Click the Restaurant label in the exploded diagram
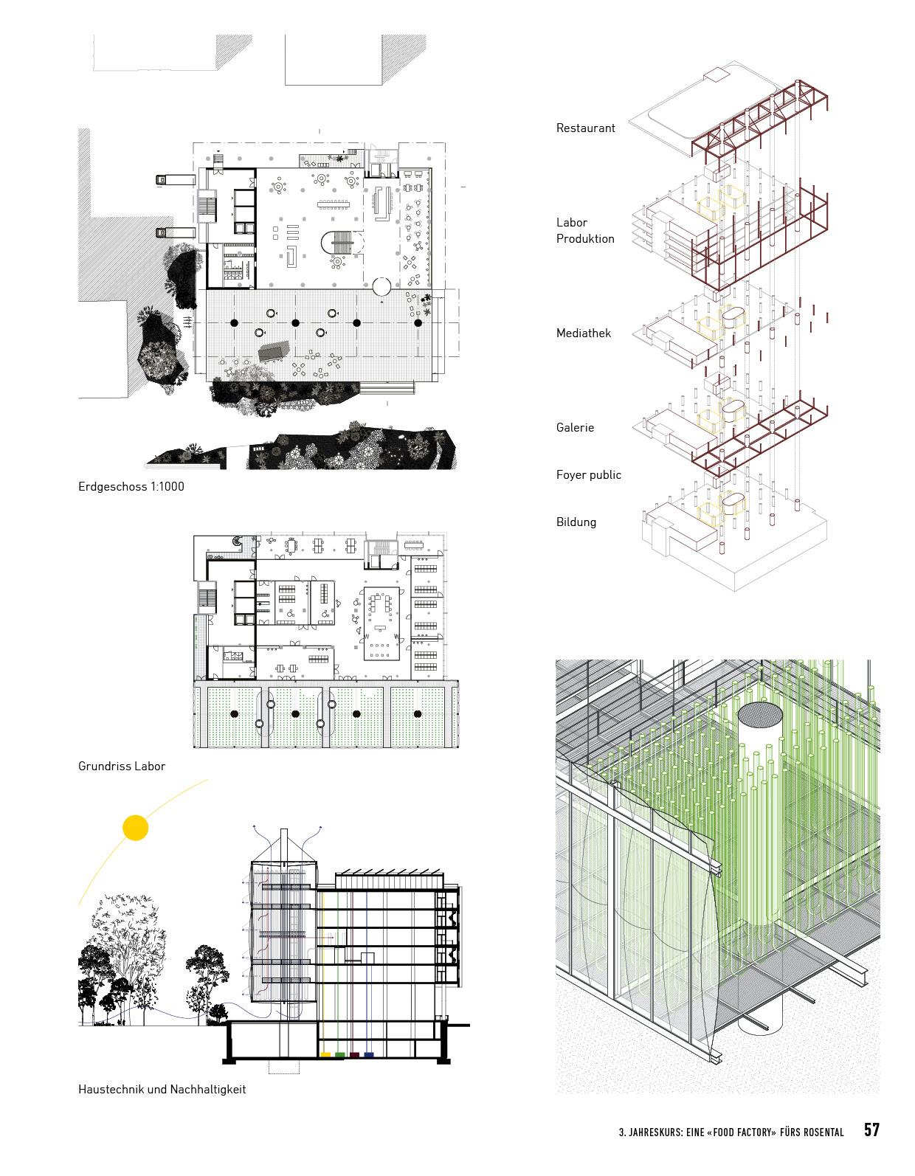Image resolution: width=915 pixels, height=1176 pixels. pos(585,128)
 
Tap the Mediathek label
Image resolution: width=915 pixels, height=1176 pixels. pos(584,333)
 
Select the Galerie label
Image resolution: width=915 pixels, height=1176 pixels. pos(575,428)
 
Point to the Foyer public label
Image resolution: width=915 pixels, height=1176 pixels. pos(588,475)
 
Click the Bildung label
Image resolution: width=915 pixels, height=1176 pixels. pos(576,522)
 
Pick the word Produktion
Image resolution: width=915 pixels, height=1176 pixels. pos(585,239)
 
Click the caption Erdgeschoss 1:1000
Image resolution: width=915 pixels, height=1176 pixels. pos(131,487)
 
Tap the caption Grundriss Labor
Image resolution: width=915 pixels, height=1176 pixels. pos(122,767)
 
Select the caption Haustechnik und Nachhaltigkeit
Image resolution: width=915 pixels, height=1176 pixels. pos(162,1089)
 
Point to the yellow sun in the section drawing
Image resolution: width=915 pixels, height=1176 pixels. pos(135,828)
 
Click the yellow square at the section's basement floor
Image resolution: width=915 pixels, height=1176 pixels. pos(325,1056)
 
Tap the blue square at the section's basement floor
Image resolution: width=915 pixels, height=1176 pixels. pos(369,1056)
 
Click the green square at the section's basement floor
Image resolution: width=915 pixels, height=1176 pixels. pos(339,1056)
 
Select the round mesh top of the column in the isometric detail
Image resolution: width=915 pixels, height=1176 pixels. pos(760,713)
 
